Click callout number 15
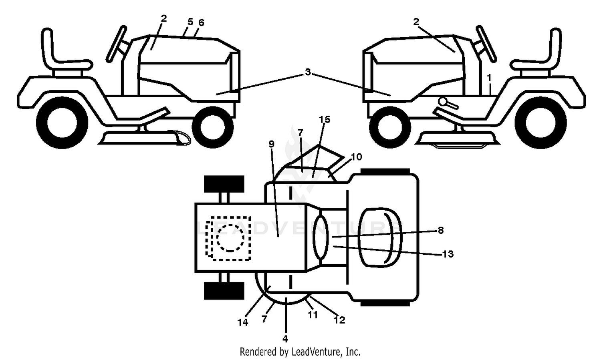point(325,120)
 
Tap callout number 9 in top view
point(272,144)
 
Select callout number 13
point(448,254)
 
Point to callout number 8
point(441,230)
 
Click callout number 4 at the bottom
point(285,339)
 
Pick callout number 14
point(243,322)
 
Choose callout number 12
point(339,320)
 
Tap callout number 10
point(357,157)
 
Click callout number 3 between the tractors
point(308,72)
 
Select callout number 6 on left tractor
point(201,23)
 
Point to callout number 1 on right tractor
point(489,78)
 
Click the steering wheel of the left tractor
point(116,44)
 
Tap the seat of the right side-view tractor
point(539,51)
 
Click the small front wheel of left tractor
point(213,127)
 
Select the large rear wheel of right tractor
point(540,123)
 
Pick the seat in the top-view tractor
point(380,237)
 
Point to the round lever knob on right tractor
point(443,102)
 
